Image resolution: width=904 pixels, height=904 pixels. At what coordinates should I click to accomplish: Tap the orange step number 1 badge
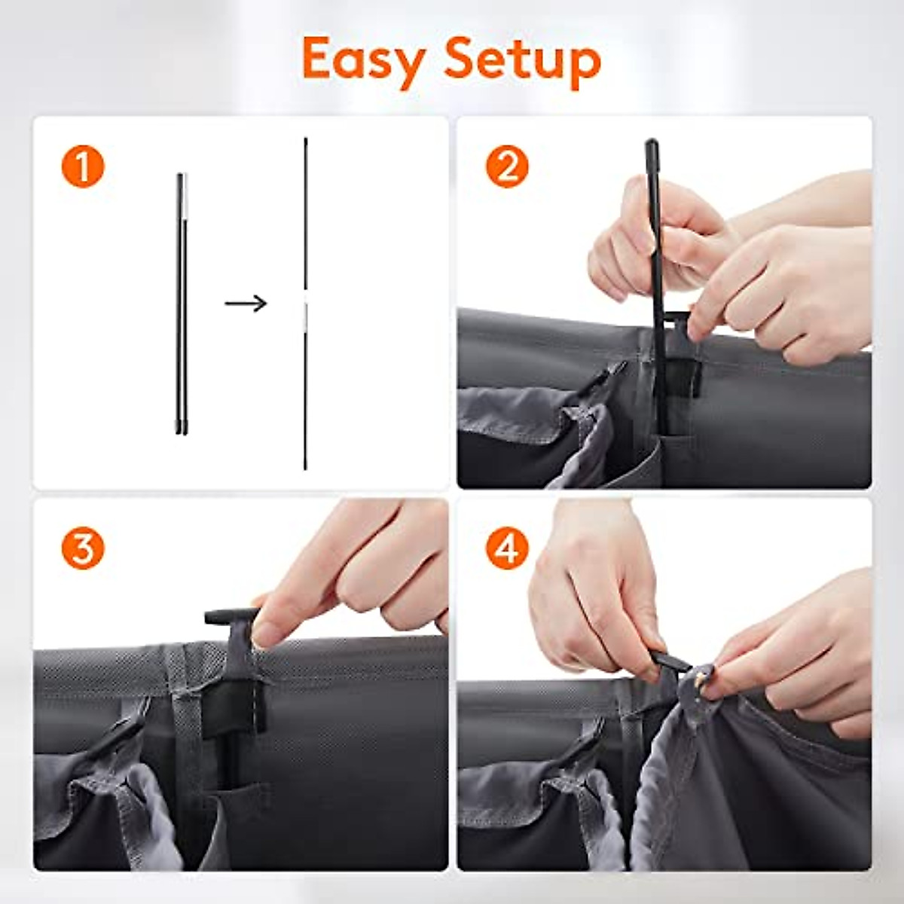click(83, 166)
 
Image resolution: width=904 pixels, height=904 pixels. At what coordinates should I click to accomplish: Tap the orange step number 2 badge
click(507, 166)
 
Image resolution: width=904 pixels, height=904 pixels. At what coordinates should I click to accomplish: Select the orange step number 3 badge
click(83, 549)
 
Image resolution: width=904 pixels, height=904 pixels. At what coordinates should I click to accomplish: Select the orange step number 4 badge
click(507, 549)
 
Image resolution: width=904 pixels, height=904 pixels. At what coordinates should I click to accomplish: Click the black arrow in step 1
click(246, 304)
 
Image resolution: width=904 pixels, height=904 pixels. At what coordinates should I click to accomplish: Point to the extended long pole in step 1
click(305, 226)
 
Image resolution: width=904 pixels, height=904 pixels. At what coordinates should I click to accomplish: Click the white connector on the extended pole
click(305, 312)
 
